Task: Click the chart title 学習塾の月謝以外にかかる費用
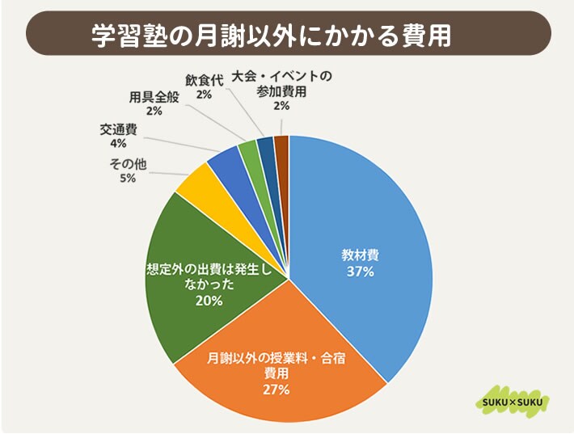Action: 271,36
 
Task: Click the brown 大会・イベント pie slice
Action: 281,145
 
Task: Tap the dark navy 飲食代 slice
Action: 265,146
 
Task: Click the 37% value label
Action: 360,272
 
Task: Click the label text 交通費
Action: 119,129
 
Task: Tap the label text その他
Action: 128,164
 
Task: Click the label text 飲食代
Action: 203,80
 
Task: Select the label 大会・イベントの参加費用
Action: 281,84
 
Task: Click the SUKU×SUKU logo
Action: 511,402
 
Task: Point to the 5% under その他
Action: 128,179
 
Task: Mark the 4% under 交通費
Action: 119,144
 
